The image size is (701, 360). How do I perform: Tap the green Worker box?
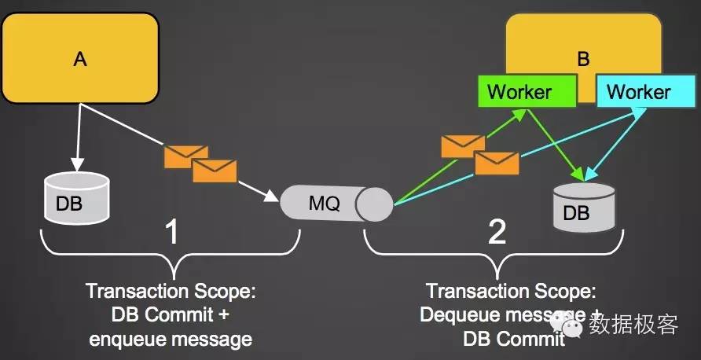(519, 92)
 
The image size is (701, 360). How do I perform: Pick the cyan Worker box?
(638, 92)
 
